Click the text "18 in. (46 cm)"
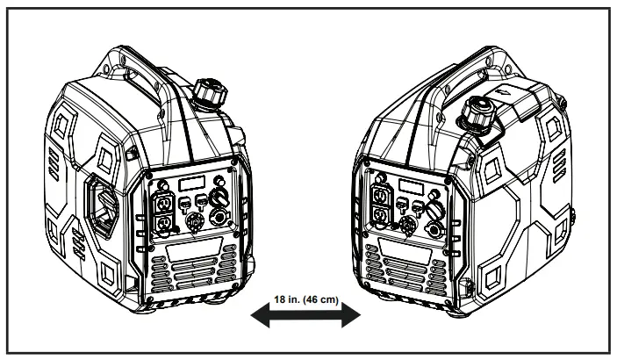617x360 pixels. (x=305, y=299)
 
